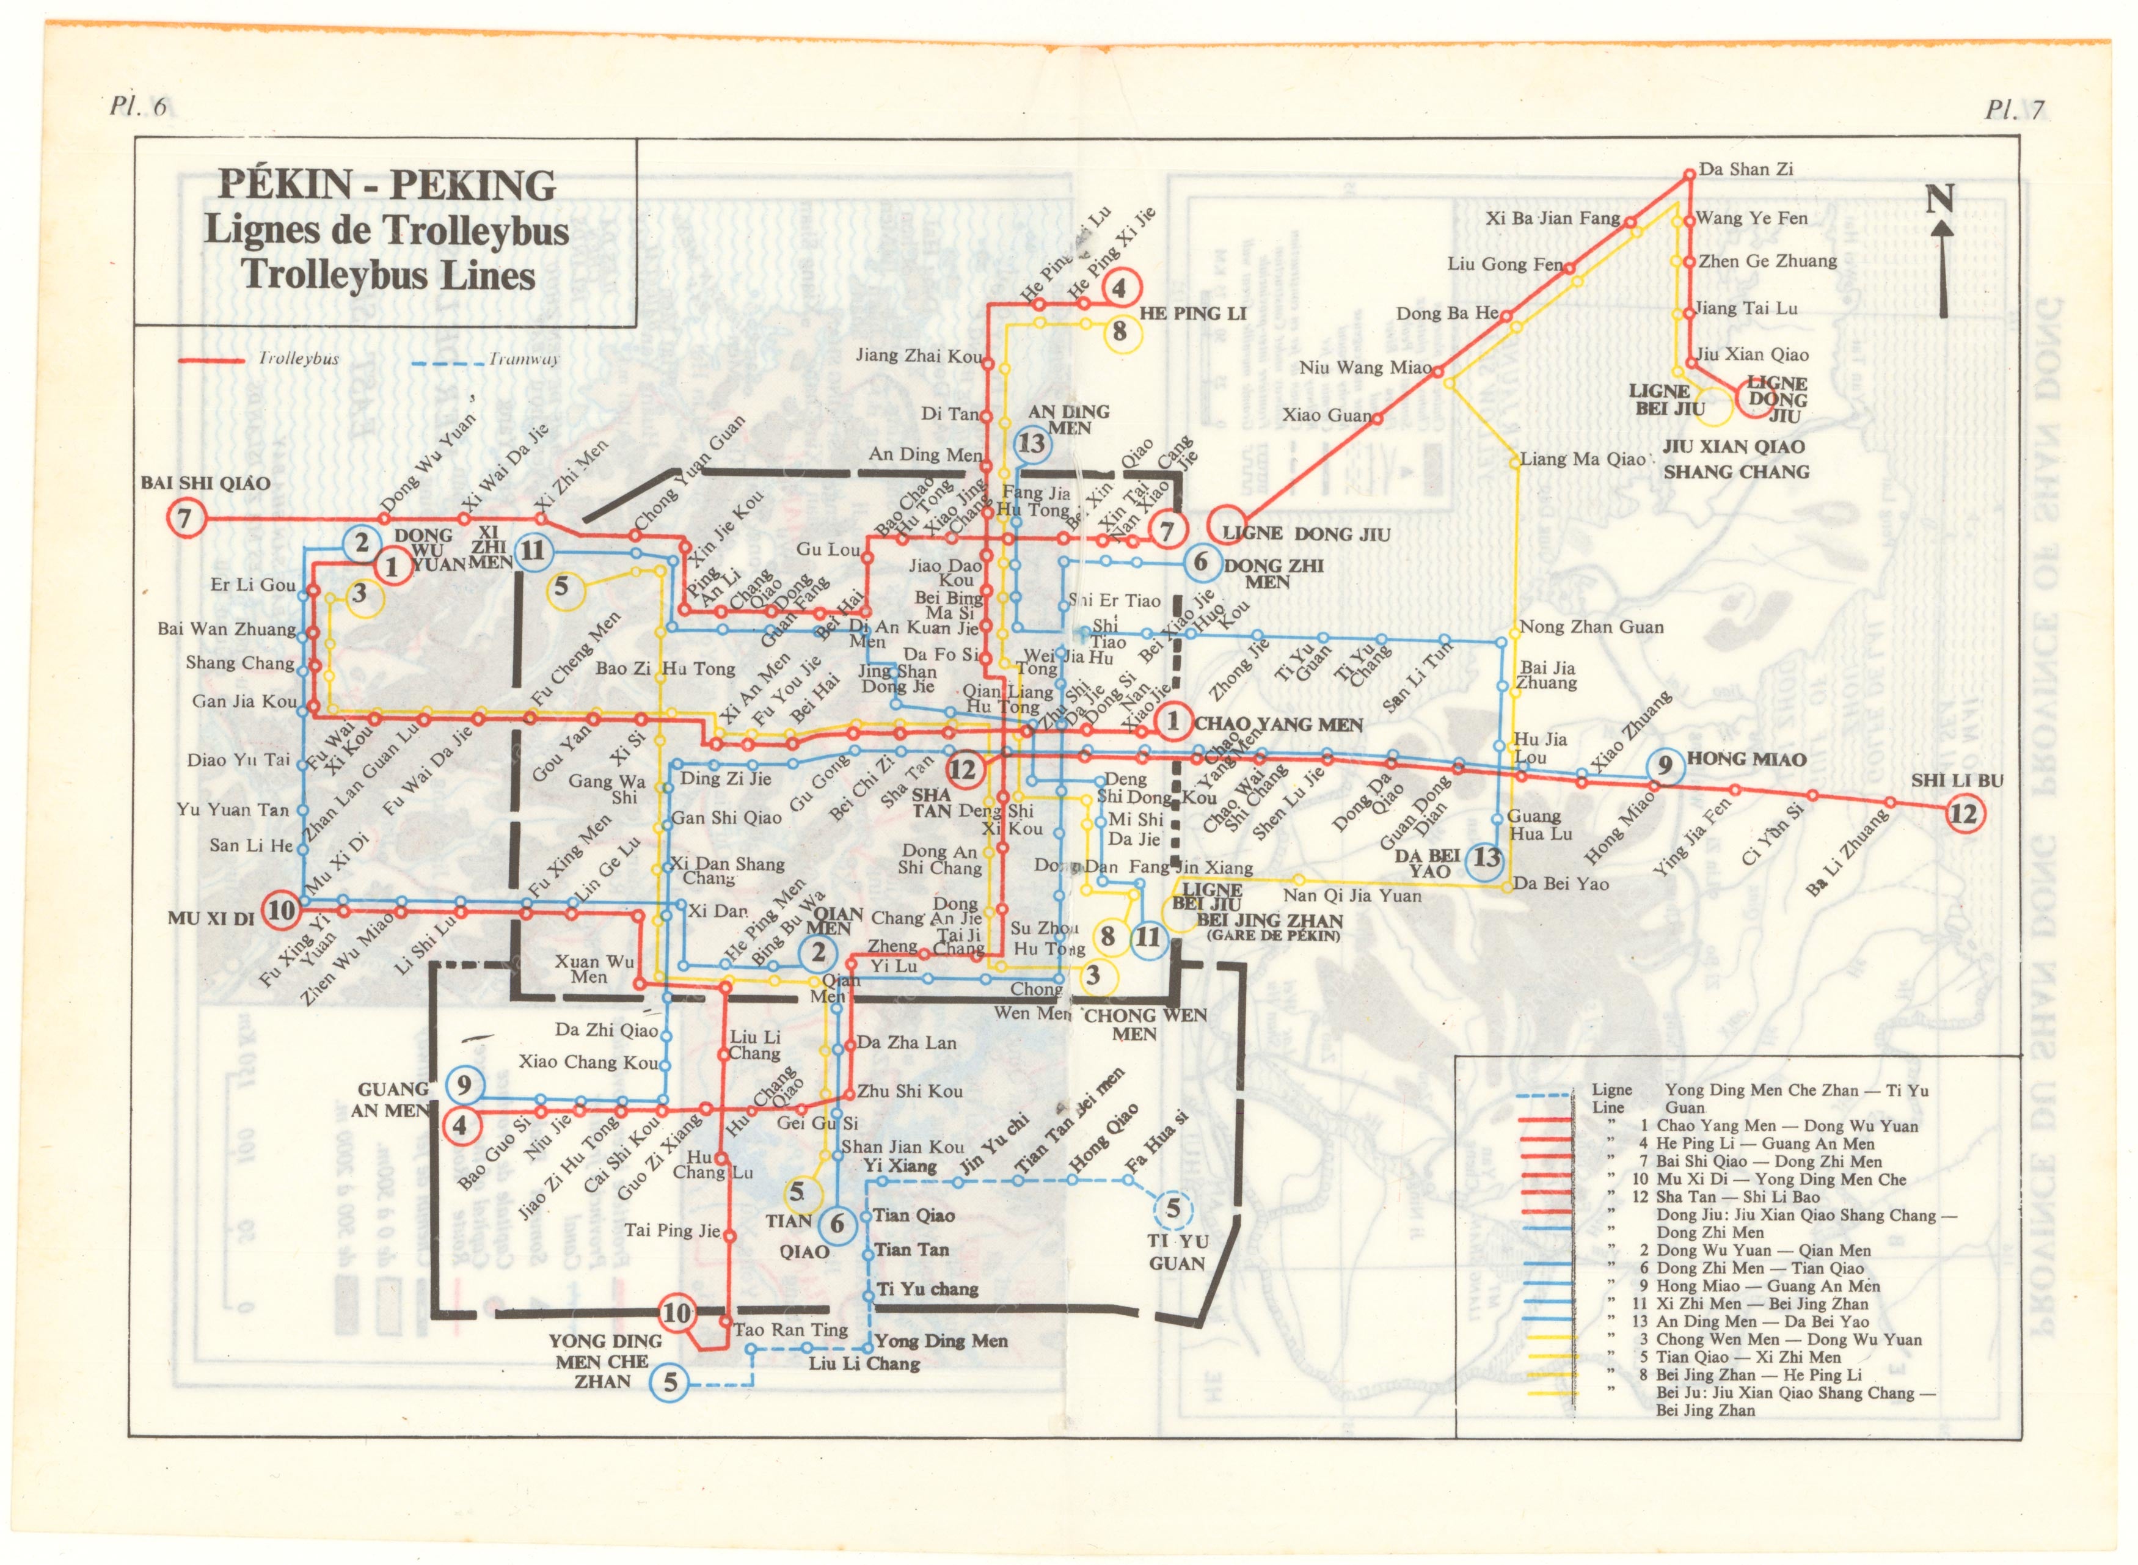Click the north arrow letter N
pyautogui.click(x=1939, y=199)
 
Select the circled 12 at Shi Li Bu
pyautogui.click(x=1964, y=814)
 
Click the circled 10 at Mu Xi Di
pyautogui.click(x=282, y=910)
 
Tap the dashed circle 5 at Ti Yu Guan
pyautogui.click(x=1173, y=1209)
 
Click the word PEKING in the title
pyautogui.click(x=473, y=184)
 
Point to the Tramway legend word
pyautogui.click(x=524, y=360)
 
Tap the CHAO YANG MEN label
pyautogui.click(x=1278, y=724)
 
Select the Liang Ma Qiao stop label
pyautogui.click(x=1582, y=459)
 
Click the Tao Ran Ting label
pyautogui.click(x=791, y=1330)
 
